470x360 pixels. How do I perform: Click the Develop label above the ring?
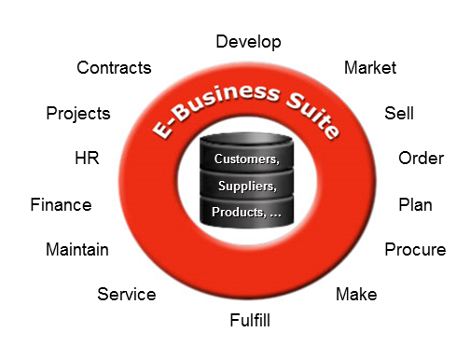pyautogui.click(x=248, y=42)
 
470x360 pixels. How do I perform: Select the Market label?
pyautogui.click(x=370, y=68)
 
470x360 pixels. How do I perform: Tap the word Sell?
pyautogui.click(x=399, y=113)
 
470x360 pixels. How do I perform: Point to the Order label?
pyautogui.click(x=421, y=159)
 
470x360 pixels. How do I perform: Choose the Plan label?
pyautogui.click(x=415, y=205)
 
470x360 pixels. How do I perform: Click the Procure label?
pyautogui.click(x=415, y=250)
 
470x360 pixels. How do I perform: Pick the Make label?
pyautogui.click(x=356, y=294)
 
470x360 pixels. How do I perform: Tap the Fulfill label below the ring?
pyautogui.click(x=250, y=320)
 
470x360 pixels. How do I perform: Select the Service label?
pyautogui.click(x=127, y=294)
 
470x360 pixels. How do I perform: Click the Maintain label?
pyautogui.click(x=77, y=249)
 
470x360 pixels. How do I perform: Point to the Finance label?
pyautogui.click(x=61, y=205)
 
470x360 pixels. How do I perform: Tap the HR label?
pyautogui.click(x=87, y=158)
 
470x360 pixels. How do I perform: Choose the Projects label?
pyautogui.click(x=78, y=114)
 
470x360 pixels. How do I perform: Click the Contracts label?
pyautogui.click(x=114, y=68)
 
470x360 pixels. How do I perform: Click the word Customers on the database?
pyautogui.click(x=246, y=159)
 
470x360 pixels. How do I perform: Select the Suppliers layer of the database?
pyautogui.click(x=247, y=187)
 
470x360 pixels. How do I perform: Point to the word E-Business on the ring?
pyautogui.click(x=215, y=105)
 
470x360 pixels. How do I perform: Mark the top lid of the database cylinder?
pyautogui.click(x=247, y=139)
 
